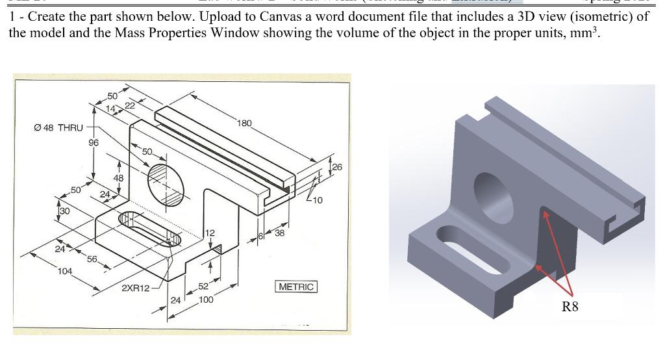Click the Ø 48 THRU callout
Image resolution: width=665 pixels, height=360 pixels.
(58, 127)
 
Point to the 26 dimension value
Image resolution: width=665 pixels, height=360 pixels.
(336, 168)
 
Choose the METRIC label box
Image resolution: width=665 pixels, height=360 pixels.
(296, 287)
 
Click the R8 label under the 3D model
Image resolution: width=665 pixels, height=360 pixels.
(570, 307)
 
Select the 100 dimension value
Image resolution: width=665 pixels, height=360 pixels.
(205, 300)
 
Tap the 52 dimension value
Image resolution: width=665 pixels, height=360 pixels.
(203, 287)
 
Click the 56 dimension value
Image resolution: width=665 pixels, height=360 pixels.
(92, 259)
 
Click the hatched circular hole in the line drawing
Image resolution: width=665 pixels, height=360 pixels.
(162, 179)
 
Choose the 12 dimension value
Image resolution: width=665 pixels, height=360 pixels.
(209, 233)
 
